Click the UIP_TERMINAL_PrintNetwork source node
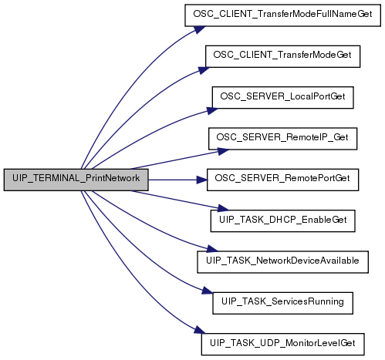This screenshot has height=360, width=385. (x=76, y=180)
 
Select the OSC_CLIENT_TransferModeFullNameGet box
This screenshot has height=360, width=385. (x=282, y=15)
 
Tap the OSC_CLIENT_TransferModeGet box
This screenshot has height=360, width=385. (x=282, y=56)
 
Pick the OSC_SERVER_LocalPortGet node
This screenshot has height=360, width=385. (x=282, y=98)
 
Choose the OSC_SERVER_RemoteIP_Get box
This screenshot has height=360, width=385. (x=282, y=139)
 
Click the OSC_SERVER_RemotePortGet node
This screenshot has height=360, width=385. (x=282, y=180)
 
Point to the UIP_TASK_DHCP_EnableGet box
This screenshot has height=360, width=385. (x=282, y=221)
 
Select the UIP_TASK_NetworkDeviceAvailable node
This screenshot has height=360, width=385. (x=282, y=262)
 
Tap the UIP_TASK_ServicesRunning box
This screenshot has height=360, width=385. (x=282, y=303)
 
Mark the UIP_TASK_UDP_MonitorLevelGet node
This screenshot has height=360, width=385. (x=282, y=345)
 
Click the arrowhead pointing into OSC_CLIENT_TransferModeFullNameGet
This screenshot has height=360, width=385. (x=199, y=29)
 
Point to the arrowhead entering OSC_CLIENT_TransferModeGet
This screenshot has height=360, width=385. (x=204, y=70)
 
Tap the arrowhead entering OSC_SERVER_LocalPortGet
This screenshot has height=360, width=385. (x=212, y=111)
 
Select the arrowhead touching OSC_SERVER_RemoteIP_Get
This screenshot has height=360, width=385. (x=223, y=151)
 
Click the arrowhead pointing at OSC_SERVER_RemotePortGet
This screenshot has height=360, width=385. (x=202, y=180)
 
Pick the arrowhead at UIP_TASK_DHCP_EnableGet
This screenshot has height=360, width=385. (x=223, y=208)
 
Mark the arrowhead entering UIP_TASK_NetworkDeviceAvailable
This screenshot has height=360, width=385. (x=212, y=249)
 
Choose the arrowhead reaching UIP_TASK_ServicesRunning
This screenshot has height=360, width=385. (x=208, y=290)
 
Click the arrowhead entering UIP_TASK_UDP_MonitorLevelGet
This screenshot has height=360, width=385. (x=200, y=330)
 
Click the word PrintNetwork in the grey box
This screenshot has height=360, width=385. (x=113, y=178)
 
